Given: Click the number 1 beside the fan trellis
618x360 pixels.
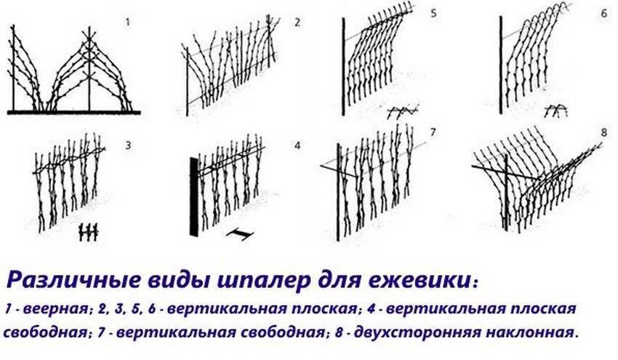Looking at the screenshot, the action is tap(127, 22).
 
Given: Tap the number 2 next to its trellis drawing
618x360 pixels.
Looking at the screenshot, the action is tap(297, 22).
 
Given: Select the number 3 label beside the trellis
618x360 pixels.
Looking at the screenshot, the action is tap(128, 145).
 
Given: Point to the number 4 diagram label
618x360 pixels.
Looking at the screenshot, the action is tap(297, 145).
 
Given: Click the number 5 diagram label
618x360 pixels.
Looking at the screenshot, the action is tap(433, 14).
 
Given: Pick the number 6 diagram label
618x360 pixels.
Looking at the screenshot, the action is tap(604, 14).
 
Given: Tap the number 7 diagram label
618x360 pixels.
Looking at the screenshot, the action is tap(433, 132).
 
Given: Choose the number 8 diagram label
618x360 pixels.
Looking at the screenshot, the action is tap(604, 132).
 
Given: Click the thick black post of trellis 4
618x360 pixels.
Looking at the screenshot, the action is tap(193, 197).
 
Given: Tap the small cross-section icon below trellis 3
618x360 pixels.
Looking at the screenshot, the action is tap(88, 232).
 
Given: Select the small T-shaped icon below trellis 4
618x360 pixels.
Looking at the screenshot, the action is tap(240, 234).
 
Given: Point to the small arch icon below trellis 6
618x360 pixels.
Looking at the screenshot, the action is tap(555, 111).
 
